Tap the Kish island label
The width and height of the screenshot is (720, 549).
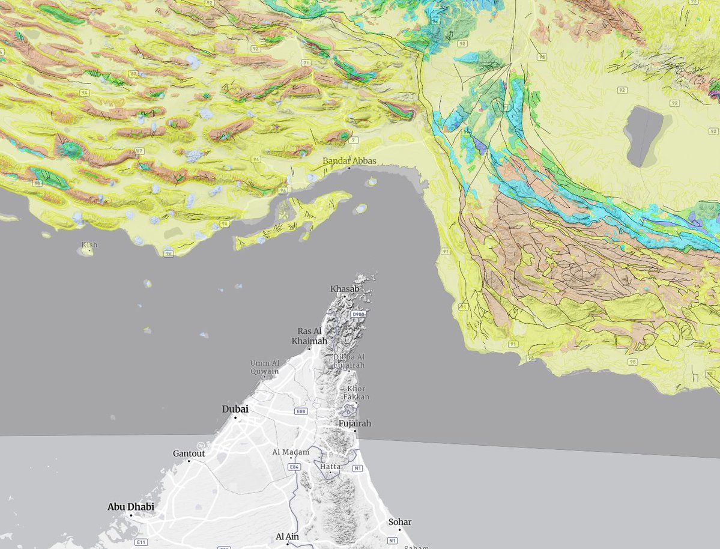pos(89,244)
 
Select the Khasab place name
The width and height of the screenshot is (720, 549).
pos(345,289)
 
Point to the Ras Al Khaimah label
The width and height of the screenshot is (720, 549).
pos(309,336)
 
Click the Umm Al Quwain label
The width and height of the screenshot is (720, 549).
pos(265,367)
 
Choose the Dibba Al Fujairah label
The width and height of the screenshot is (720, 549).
pos(349,361)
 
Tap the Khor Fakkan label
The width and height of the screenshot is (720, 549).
pos(356,393)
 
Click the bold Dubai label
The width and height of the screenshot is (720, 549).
pos(235,409)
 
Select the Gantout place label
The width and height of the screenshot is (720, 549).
pos(189,453)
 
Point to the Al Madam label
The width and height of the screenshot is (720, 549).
pos(291,452)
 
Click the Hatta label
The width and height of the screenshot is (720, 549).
pos(330,466)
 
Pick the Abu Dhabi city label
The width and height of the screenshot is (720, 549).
pos(130,507)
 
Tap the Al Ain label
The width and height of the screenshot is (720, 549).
pos(287,536)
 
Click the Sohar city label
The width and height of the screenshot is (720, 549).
pos(400,522)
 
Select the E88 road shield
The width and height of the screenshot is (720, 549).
pos(301,411)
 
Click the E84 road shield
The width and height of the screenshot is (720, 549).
pos(294,467)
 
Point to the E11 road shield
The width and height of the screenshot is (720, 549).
pos(141,542)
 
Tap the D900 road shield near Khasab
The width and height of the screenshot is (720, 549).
pos(358,314)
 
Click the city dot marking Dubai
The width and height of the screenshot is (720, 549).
pos(235,417)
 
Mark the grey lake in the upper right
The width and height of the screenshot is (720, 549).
pos(641,135)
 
